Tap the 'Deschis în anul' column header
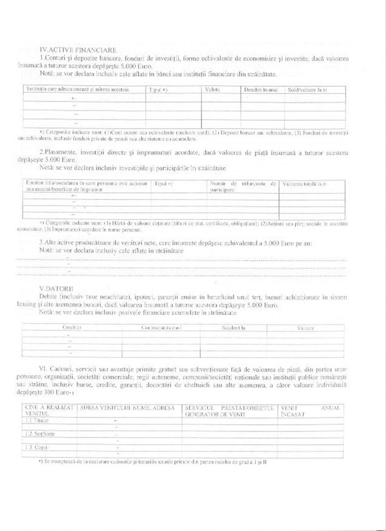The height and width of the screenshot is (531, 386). point(260,89)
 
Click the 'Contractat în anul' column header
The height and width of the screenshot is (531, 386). point(162,327)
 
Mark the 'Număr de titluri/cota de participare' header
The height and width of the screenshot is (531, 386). point(242,187)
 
